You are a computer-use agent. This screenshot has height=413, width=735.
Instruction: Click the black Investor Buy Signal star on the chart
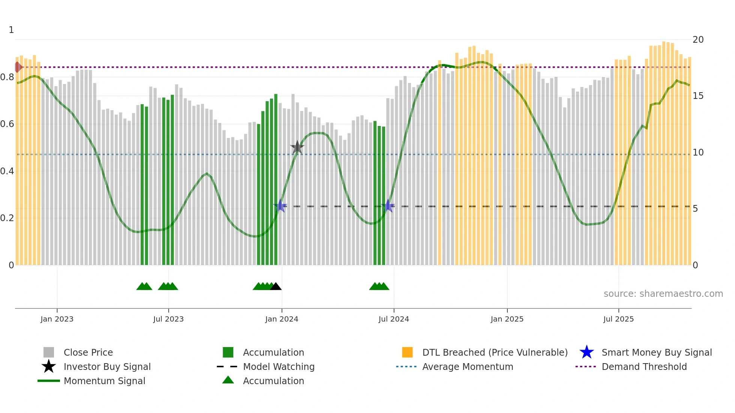[297, 147]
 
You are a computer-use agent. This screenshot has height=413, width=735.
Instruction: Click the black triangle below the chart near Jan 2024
[276, 287]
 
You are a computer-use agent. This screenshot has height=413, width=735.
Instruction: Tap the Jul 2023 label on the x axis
[168, 319]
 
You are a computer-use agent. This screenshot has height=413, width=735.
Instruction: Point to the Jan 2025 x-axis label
[507, 319]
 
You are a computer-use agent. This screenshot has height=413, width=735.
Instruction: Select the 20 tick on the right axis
[698, 40]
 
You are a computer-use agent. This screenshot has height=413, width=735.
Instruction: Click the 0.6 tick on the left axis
[7, 124]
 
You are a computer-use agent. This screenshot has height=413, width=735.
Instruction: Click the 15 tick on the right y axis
[698, 96]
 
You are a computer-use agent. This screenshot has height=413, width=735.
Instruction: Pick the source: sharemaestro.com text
[663, 294]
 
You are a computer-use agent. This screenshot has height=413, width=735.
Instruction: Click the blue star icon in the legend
[586, 352]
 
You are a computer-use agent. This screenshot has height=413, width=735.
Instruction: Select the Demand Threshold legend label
[644, 367]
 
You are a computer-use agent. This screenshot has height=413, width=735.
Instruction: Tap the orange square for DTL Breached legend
[407, 352]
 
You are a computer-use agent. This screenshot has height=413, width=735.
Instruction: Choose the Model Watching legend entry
[279, 367]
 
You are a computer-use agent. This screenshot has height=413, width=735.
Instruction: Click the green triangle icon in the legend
[228, 380]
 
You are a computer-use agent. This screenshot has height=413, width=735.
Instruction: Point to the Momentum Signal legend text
[104, 381]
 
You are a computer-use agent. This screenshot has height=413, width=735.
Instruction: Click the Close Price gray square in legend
[49, 352]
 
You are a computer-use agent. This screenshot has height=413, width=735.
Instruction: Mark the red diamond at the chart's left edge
[18, 67]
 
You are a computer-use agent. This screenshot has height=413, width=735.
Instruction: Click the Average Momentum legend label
[468, 367]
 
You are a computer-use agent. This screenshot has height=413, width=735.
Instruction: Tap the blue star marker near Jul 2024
[388, 206]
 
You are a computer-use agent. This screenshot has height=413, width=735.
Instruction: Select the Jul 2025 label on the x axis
[618, 319]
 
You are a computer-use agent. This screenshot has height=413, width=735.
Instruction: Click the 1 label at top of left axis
[11, 30]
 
